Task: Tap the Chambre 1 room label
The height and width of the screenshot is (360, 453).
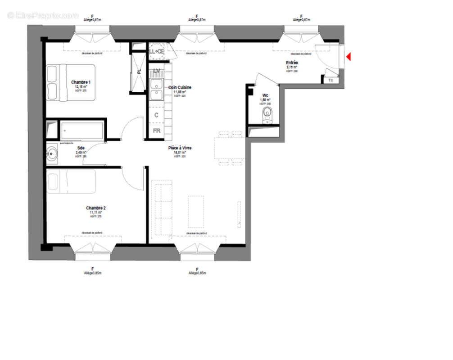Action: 81,82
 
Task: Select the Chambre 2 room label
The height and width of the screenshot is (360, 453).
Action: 96,208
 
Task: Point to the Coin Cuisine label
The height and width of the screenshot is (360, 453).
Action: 180,88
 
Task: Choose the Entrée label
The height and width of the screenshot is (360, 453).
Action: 292,63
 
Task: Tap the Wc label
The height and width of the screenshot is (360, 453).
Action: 265,95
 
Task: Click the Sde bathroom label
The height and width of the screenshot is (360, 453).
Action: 81,148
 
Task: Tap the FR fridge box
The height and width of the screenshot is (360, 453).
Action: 157,131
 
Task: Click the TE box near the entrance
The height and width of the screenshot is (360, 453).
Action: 331,80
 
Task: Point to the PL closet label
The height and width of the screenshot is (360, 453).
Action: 139,71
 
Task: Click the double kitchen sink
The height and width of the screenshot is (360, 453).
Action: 157,90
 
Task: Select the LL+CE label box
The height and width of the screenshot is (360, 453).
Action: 156,51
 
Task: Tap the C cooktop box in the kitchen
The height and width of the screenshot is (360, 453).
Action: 157,115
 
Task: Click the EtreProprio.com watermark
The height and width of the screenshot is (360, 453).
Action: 43,15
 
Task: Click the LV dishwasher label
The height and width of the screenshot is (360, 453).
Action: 157,71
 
